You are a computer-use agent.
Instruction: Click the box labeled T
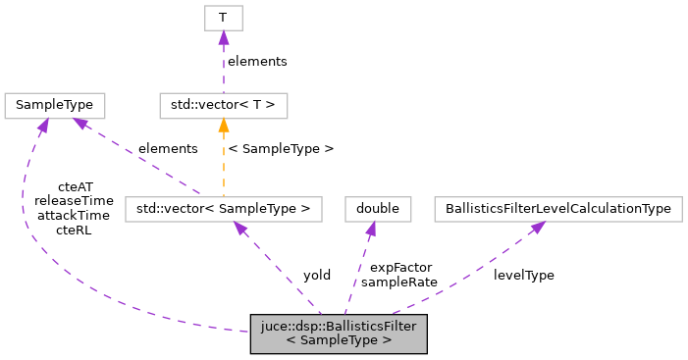tap(223, 17)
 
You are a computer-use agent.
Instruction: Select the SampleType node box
tap(55, 104)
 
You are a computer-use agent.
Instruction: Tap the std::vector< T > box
tap(223, 104)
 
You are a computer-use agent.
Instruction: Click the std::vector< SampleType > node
tap(223, 208)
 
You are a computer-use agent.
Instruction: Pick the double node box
tap(377, 208)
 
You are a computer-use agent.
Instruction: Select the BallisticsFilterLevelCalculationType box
tap(558, 208)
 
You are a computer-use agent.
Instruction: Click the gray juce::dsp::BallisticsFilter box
tap(339, 334)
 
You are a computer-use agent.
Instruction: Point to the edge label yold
tap(316, 275)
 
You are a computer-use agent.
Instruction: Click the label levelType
tap(523, 275)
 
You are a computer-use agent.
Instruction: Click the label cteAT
tap(75, 185)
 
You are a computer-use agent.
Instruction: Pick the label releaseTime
tap(75, 199)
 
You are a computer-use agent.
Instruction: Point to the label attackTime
tap(75, 214)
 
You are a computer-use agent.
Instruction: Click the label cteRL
tap(75, 229)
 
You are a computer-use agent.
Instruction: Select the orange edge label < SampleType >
tap(280, 148)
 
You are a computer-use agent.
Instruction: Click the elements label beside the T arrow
tap(257, 61)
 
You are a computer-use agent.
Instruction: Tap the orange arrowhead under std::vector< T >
tap(223, 125)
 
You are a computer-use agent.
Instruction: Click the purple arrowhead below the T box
tap(223, 37)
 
